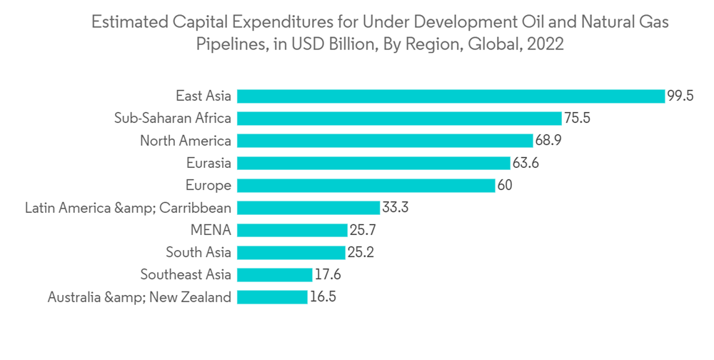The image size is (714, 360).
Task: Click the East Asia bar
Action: pos(451,96)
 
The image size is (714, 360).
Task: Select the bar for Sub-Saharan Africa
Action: pos(399,119)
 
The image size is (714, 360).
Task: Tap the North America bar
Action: pos(385,141)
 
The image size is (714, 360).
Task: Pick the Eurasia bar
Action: pos(373,163)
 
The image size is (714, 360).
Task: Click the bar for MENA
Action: pos(291,230)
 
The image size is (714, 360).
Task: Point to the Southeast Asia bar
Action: pos(274,275)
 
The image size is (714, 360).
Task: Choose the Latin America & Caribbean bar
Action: pos(308,208)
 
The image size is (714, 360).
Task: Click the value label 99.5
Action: pos(680,96)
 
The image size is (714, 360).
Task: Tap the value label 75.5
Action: pos(577,119)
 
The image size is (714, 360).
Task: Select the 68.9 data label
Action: pos(548,141)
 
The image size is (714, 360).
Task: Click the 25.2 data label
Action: pos(360,253)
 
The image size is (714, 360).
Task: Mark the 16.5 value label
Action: pos(322,297)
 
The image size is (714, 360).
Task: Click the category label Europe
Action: pos(208,186)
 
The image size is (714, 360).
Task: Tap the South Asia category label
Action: pos(198,253)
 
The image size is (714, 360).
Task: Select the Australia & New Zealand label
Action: pos(139,297)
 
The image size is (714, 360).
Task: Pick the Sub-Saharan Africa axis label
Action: pos(172,119)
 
